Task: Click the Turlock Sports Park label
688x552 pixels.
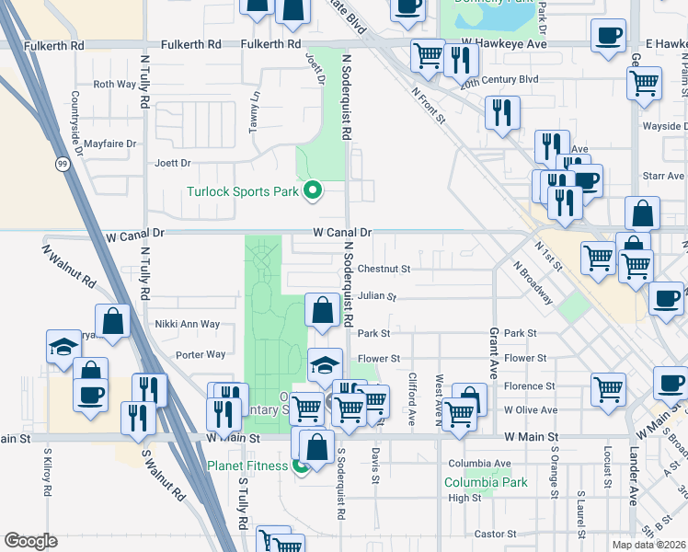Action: pyautogui.click(x=243, y=191)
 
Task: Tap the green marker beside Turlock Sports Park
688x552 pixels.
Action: pyautogui.click(x=313, y=191)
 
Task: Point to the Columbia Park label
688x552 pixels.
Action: pyautogui.click(x=486, y=482)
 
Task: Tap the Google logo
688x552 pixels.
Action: pyautogui.click(x=30, y=541)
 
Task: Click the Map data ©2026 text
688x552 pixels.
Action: pyautogui.click(x=648, y=545)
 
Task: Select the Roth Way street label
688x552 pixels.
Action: pyautogui.click(x=115, y=84)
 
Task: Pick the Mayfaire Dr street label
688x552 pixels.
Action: pyautogui.click(x=109, y=144)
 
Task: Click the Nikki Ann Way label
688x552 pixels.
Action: pyautogui.click(x=188, y=324)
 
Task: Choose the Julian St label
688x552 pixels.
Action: pyautogui.click(x=377, y=297)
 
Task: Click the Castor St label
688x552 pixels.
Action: pyautogui.click(x=497, y=534)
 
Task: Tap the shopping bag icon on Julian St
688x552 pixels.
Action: pyautogui.click(x=323, y=310)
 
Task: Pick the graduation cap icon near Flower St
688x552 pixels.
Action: pyautogui.click(x=324, y=365)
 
